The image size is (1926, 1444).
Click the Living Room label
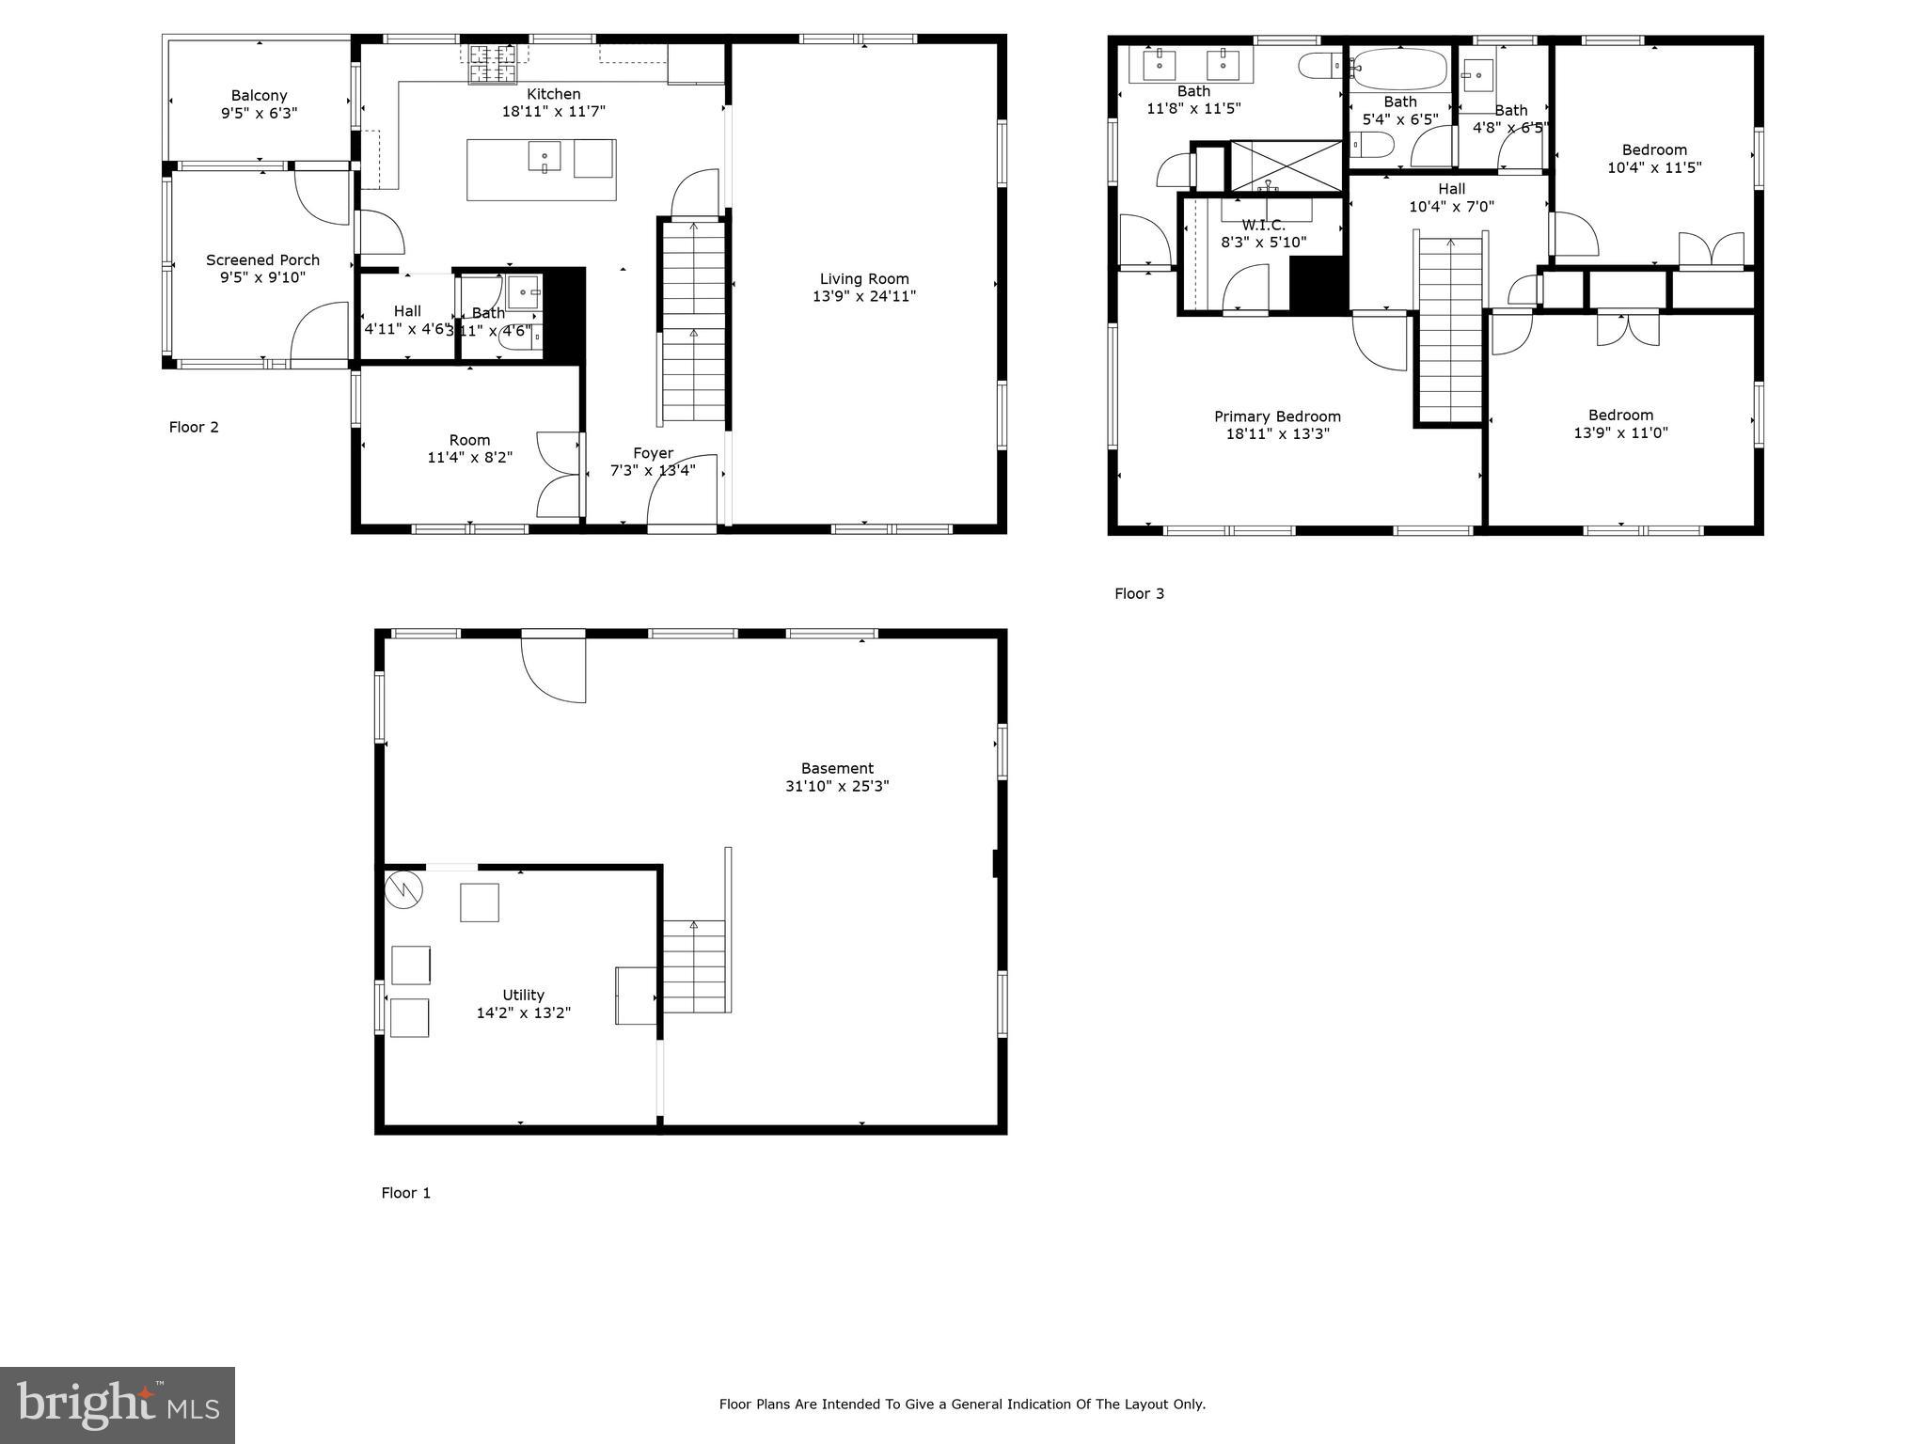click(863, 278)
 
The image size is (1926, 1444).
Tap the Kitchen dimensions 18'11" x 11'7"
click(553, 111)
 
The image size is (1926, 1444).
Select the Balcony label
click(259, 95)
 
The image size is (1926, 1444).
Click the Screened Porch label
click(262, 259)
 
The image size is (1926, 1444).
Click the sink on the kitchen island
click(544, 156)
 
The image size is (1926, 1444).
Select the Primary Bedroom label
click(1276, 416)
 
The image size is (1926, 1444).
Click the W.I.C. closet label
click(1262, 226)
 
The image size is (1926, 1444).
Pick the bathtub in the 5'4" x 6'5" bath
click(1399, 69)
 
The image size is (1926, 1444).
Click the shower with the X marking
click(1286, 165)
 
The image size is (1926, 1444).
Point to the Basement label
click(837, 768)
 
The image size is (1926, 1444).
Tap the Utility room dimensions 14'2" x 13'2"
click(523, 1012)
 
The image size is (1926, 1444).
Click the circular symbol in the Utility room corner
click(404, 888)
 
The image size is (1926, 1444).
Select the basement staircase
click(695, 966)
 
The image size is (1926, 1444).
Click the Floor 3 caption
click(1139, 593)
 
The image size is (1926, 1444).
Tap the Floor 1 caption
click(405, 1193)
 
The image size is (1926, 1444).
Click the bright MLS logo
click(118, 1405)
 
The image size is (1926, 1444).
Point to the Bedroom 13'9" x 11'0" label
click(1620, 415)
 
